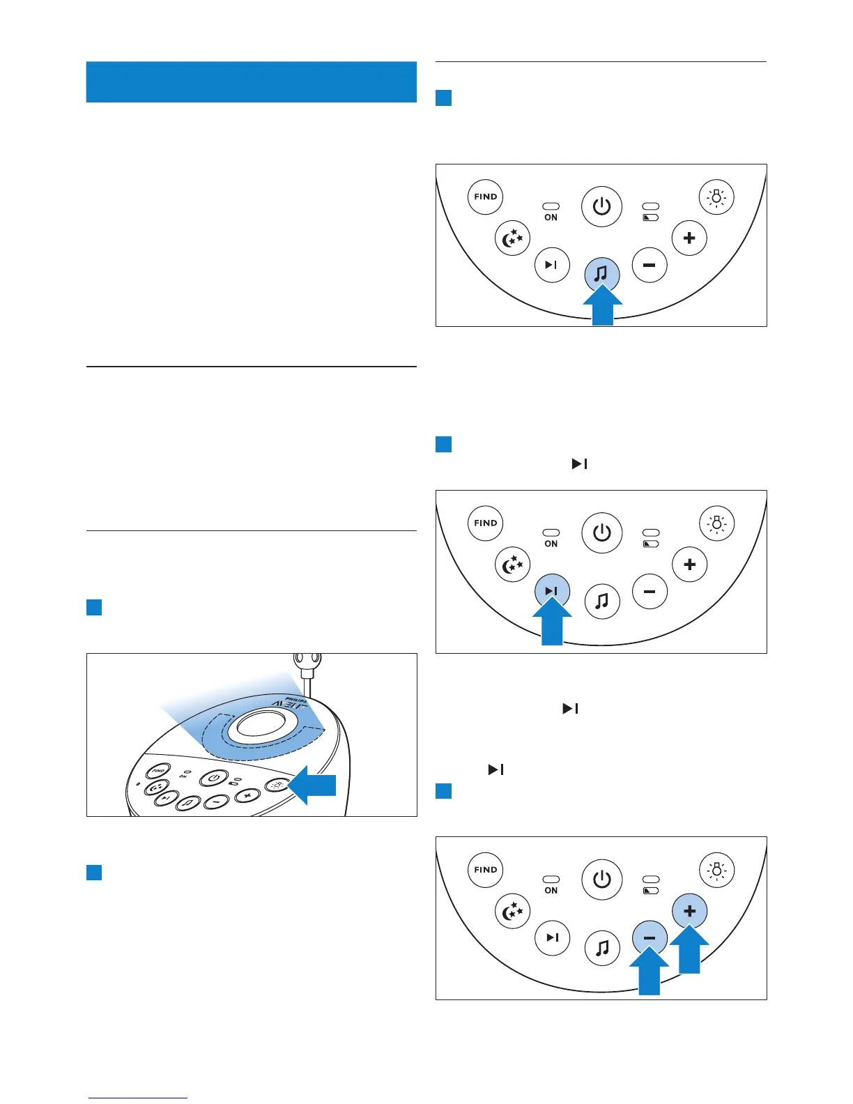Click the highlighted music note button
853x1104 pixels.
pyautogui.click(x=601, y=274)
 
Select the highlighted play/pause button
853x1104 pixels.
pyautogui.click(x=551, y=591)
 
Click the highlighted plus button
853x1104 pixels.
pyautogui.click(x=689, y=911)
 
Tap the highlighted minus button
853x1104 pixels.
pyautogui.click(x=650, y=938)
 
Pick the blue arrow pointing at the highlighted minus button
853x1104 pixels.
pyautogui.click(x=649, y=972)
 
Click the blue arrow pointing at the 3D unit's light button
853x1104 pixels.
pyautogui.click(x=313, y=785)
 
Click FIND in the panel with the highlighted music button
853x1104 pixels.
pyautogui.click(x=485, y=197)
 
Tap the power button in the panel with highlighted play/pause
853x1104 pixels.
pyautogui.click(x=601, y=533)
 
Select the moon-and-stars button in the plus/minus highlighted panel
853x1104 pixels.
pyautogui.click(x=512, y=912)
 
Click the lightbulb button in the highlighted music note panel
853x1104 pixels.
pyautogui.click(x=716, y=197)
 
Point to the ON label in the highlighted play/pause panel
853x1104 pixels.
pyautogui.click(x=551, y=544)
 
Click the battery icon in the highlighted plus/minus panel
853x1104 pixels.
pyautogui.click(x=651, y=891)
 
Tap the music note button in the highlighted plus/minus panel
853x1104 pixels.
pyautogui.click(x=602, y=947)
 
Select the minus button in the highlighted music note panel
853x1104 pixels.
pyautogui.click(x=650, y=265)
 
